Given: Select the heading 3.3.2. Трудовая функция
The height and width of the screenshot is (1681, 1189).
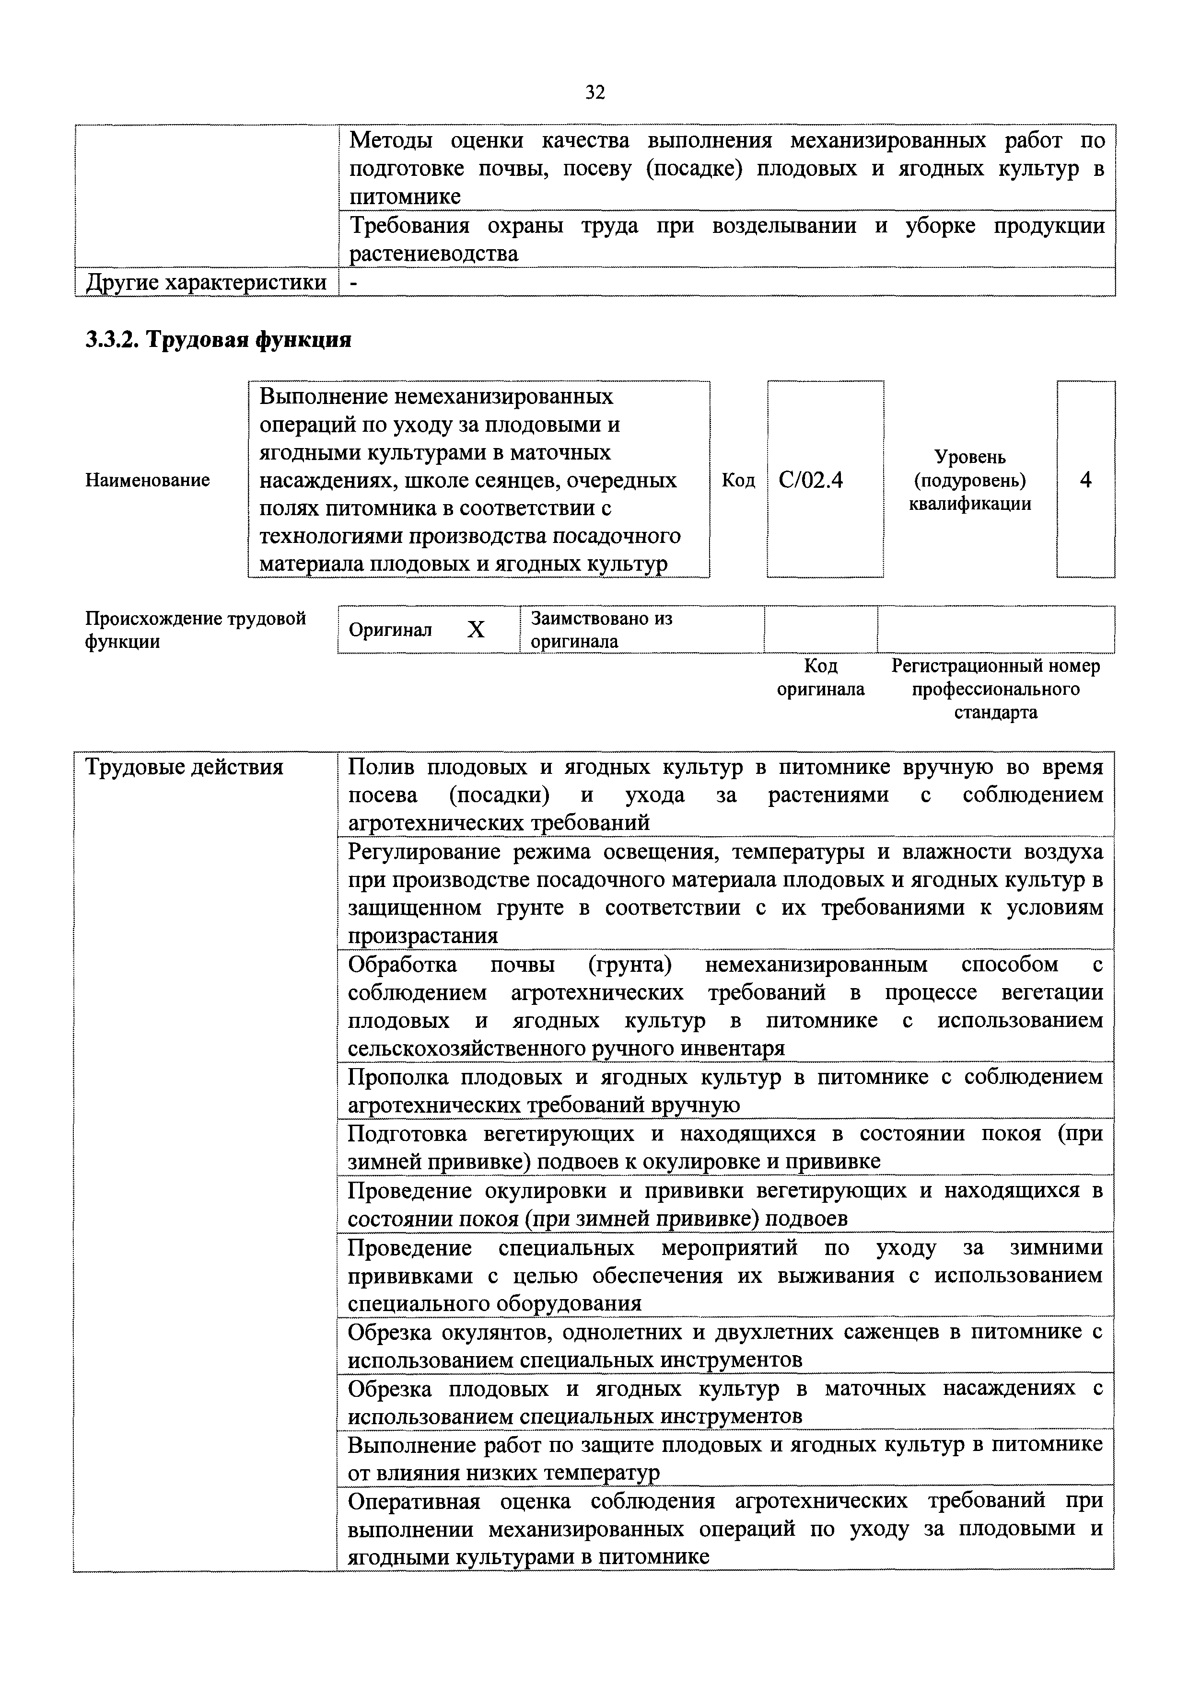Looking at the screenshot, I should (218, 340).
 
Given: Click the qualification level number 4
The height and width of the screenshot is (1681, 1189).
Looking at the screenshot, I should (1086, 480).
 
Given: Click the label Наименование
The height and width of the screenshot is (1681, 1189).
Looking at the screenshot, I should (147, 480).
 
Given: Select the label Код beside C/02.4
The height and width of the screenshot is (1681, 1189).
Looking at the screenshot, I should (738, 480).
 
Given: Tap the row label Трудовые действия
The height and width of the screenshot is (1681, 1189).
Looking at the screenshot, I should (184, 767).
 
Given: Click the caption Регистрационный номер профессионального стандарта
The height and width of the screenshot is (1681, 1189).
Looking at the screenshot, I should (996, 689).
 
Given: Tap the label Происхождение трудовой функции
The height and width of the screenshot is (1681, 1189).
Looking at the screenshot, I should (195, 630).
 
